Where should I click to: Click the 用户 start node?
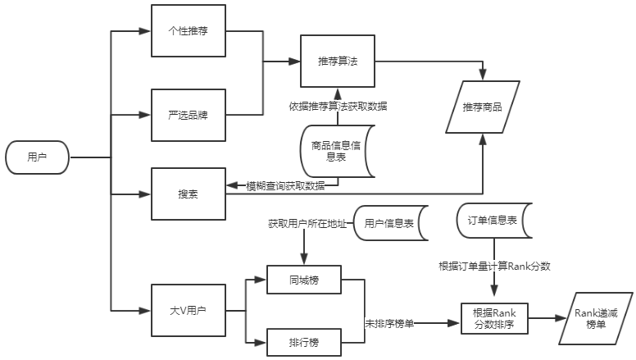pos(37,157)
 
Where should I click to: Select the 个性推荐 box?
pos(188,31)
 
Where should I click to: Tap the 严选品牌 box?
pos(188,114)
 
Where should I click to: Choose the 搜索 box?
pos(188,194)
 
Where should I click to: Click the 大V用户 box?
pos(188,311)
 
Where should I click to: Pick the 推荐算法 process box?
pos(337,62)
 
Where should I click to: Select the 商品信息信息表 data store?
pos(335,152)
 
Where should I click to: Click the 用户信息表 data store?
pos(389,222)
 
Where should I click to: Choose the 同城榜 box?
pos(303,280)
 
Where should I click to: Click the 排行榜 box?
pos(303,339)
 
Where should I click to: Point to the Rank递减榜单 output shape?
pos(594,319)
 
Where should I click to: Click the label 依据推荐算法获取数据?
pos(338,107)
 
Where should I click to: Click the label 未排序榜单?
pos(390,323)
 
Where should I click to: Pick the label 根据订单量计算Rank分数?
pos(494,267)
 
